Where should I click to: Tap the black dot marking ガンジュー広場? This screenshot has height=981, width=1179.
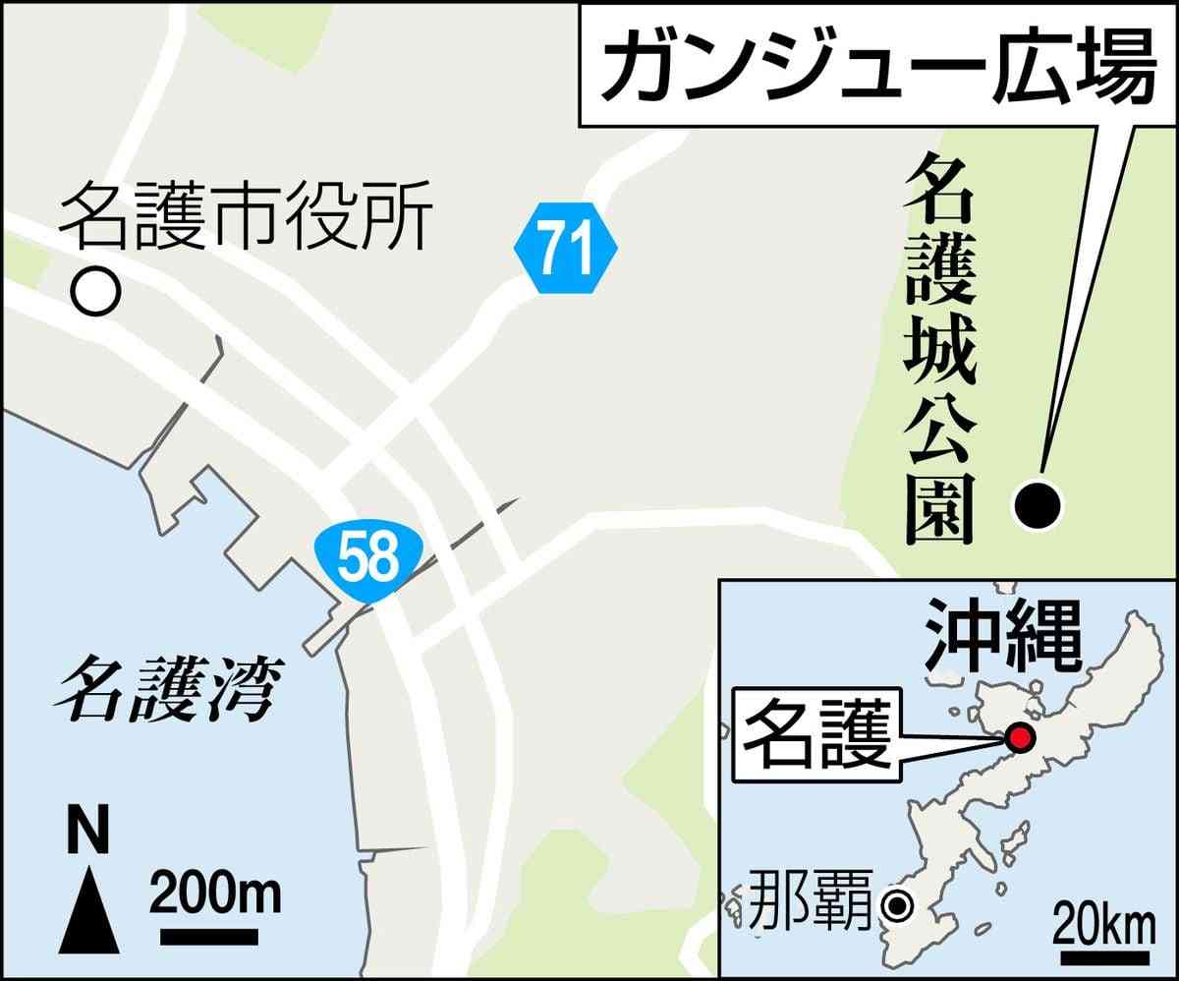pos(1038,505)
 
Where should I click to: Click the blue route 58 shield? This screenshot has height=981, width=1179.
pos(369,559)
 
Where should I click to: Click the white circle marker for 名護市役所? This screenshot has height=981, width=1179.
pos(95,292)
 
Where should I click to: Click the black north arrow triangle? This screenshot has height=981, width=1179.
pos(89,910)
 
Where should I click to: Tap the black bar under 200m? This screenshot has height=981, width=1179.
pos(209,939)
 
